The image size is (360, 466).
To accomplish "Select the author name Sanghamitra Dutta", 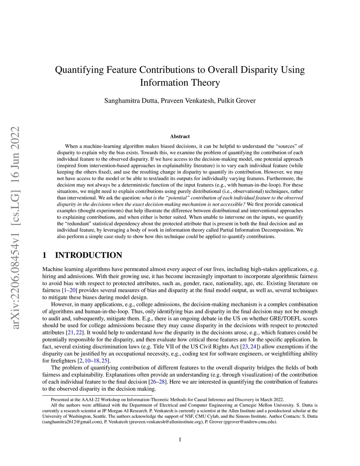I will [x=131, y=101].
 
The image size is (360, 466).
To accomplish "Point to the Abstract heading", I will [x=180, y=136].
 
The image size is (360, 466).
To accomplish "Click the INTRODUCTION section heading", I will [x=89, y=255].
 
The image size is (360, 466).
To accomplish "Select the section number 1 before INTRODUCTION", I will [x=44, y=255].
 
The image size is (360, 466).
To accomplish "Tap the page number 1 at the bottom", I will [x=180, y=439].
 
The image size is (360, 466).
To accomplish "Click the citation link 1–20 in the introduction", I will [x=70, y=291].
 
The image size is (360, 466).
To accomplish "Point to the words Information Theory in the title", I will [x=180, y=83].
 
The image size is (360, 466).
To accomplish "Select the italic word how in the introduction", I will [x=158, y=333].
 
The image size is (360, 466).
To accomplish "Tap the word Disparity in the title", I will [x=258, y=70].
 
